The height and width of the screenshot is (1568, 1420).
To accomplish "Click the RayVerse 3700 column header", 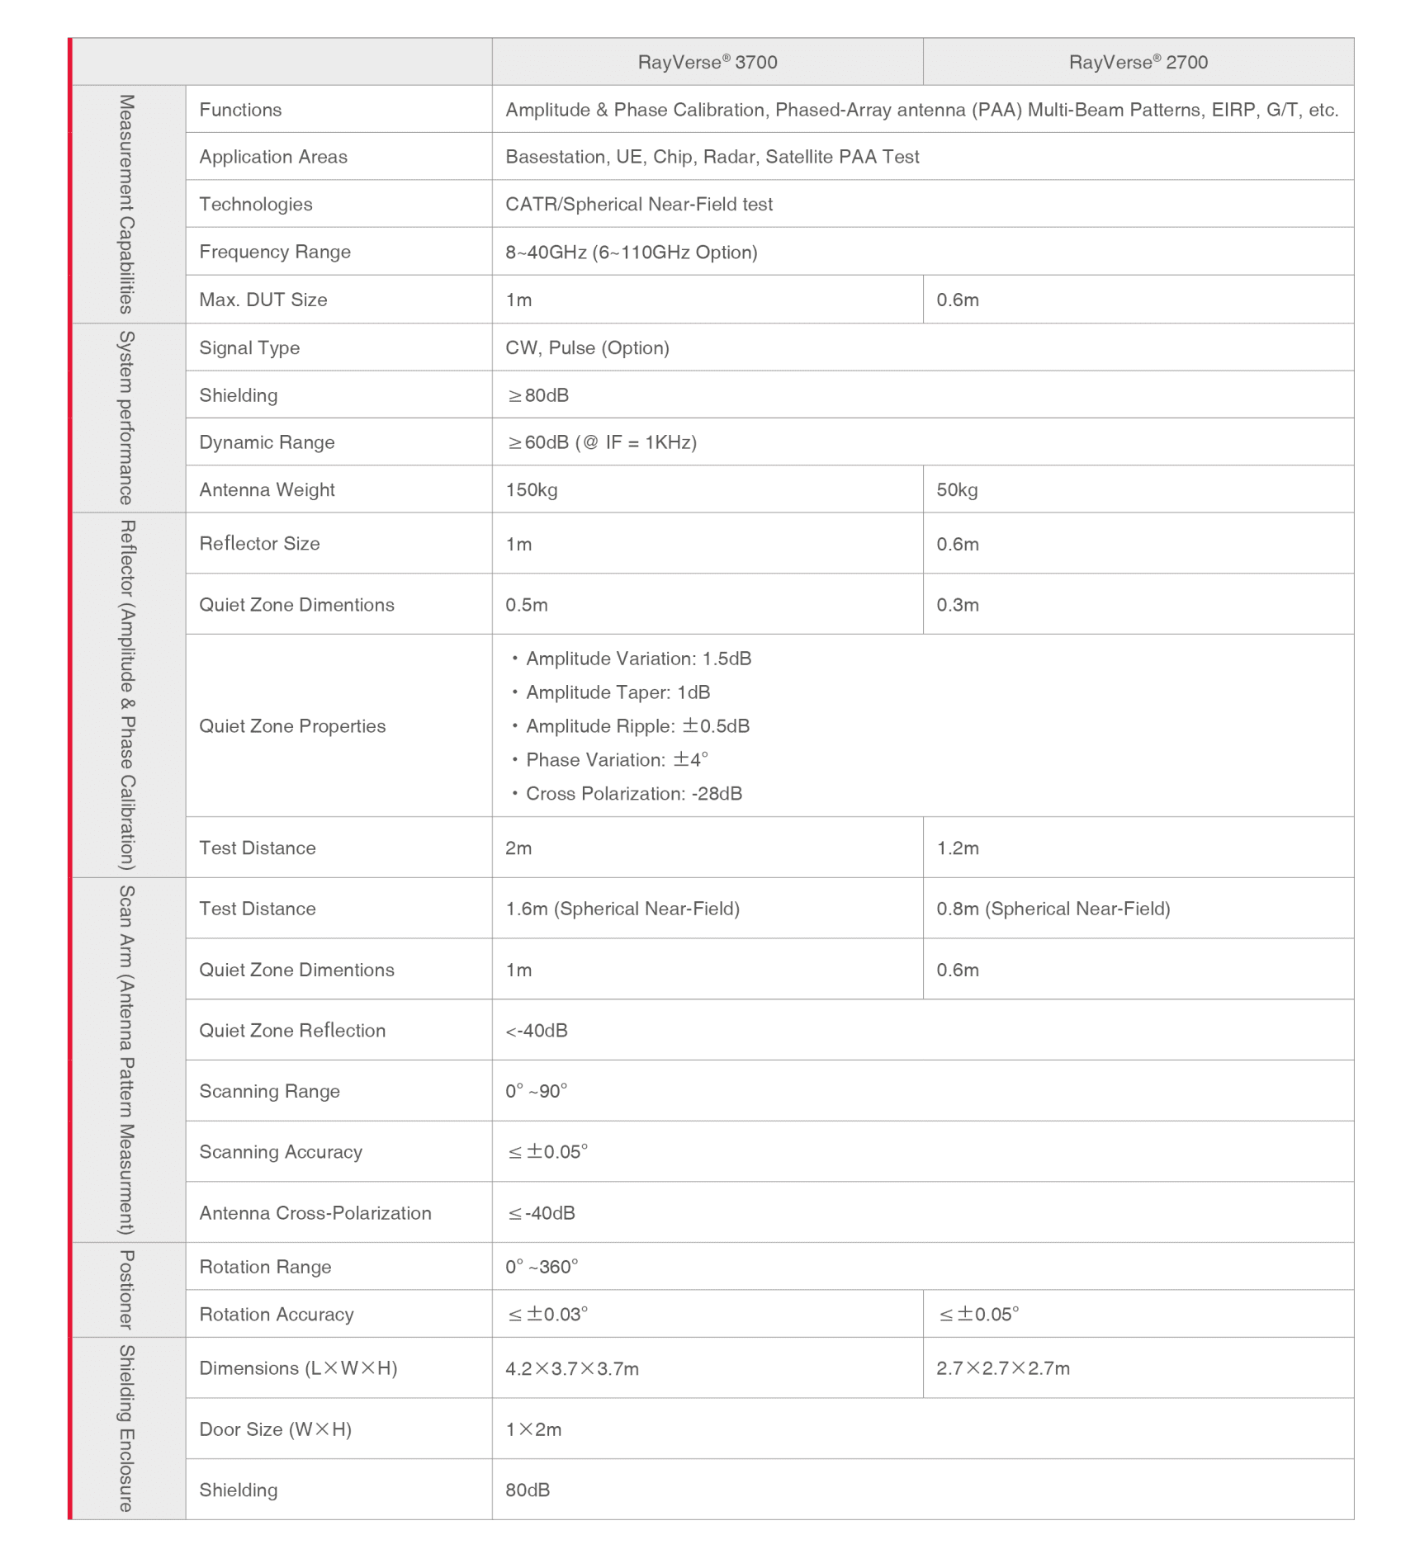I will coord(708,62).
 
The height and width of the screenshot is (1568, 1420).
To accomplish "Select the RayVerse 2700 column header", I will coord(1138,62).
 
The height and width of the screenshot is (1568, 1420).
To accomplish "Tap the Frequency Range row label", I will coord(275,252).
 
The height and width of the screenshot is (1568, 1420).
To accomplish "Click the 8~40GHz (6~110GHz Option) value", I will coord(631,252).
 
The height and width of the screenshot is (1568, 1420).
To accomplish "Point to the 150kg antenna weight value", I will coord(532,489).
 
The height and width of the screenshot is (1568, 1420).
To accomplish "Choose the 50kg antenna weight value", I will coord(957,489).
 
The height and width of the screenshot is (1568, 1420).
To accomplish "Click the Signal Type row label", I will coord(249,347).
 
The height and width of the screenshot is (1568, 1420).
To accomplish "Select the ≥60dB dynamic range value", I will coord(603,442).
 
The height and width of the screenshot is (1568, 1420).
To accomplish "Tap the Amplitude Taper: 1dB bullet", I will coord(618,692).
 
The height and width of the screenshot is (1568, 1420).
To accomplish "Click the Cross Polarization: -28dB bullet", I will coord(633,793).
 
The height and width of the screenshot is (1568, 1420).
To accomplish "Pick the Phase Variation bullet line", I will coord(617,759).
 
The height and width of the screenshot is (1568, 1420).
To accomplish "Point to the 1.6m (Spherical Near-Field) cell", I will coord(622,909).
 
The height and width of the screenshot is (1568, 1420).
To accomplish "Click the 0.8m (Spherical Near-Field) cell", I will coord(1053,909).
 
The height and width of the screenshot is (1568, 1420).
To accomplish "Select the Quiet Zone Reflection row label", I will coord(292,1030).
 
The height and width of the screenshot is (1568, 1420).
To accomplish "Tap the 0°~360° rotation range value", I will coord(542,1266).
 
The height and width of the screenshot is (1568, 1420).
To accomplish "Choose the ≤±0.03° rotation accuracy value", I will coord(547,1314).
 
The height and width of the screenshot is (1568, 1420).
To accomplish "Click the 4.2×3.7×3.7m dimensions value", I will coord(572,1368).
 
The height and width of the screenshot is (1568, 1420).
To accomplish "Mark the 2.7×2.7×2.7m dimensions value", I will coord(1003,1368).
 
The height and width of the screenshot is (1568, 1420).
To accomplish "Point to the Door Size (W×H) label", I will coord(275,1429).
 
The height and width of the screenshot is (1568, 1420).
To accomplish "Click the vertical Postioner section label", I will coord(126,1290).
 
